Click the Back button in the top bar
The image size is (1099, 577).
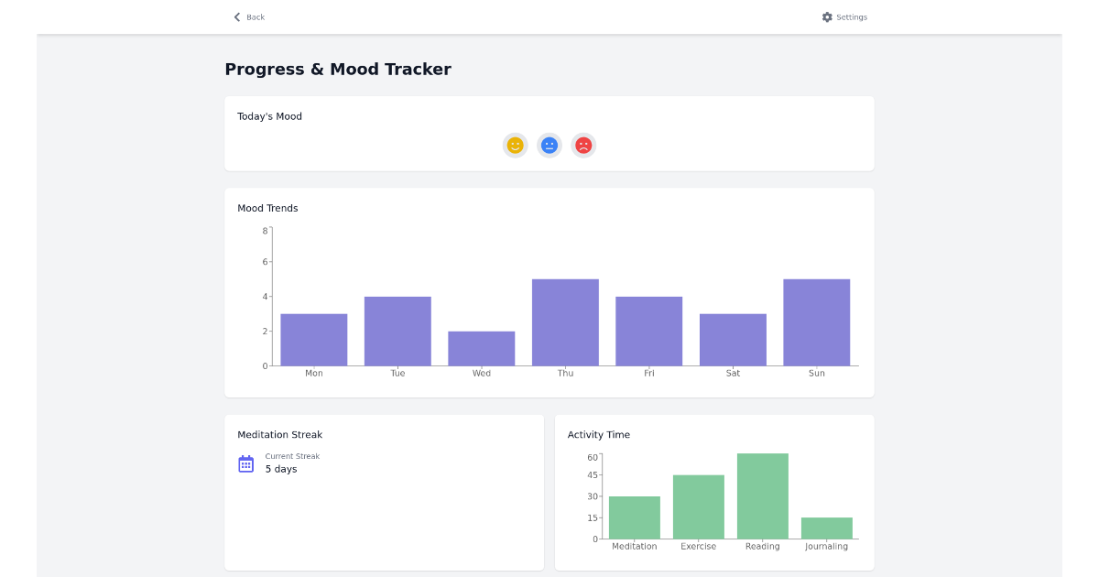(248, 17)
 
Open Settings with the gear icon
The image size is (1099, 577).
(843, 17)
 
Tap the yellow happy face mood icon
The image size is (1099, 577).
(515, 146)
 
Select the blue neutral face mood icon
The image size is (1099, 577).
(549, 146)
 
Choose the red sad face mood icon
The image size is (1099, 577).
(583, 146)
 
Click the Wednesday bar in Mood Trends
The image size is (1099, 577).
(482, 349)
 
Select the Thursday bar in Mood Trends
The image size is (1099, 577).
(565, 322)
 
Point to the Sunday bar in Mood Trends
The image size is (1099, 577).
(816, 322)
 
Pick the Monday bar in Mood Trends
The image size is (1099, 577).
(314, 340)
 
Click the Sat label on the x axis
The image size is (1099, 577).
(733, 374)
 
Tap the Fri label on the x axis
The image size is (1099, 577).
(648, 374)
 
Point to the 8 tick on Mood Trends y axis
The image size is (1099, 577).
(265, 231)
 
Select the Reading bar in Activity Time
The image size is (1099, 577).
(762, 496)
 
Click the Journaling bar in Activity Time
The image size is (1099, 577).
(826, 528)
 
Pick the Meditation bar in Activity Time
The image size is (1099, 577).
(634, 517)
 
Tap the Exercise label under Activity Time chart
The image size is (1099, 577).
(698, 547)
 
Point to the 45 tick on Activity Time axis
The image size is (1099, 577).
(593, 475)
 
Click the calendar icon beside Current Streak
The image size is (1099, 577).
(245, 463)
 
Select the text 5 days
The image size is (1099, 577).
(281, 469)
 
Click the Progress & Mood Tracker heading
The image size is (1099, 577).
(338, 70)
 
